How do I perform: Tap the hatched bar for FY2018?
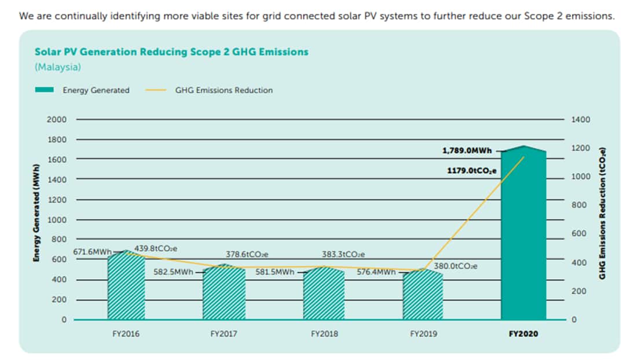(324, 295)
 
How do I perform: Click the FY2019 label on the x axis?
(424, 334)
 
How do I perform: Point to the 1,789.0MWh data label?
(467, 150)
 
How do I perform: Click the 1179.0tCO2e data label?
(472, 171)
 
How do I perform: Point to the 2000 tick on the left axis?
(57, 119)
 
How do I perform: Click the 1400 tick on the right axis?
(580, 119)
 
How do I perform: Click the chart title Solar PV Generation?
(171, 52)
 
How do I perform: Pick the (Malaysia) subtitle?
(58, 67)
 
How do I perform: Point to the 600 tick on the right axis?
(578, 233)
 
